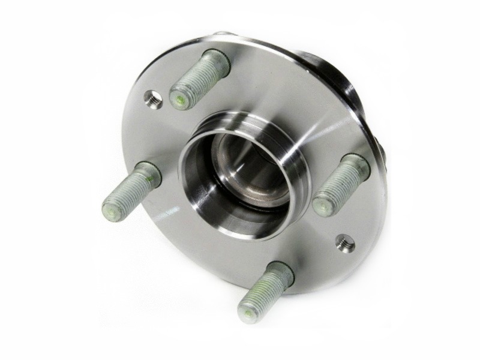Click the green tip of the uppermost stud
[180, 99]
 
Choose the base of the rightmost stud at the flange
[356, 165]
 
